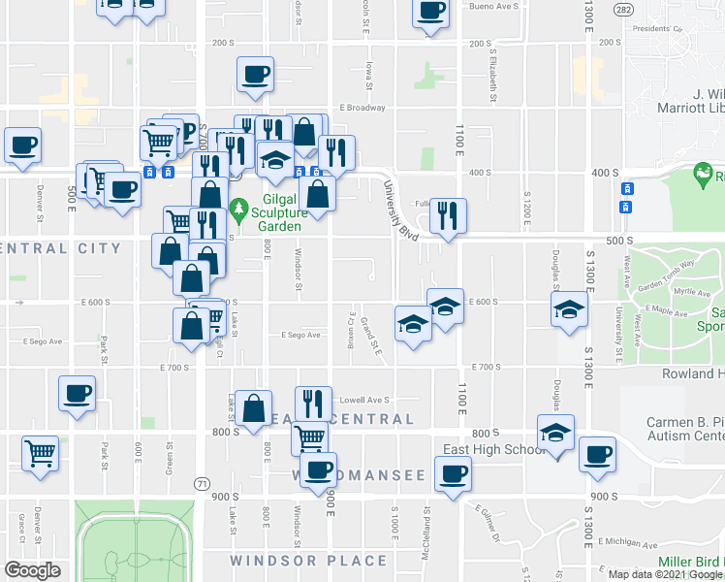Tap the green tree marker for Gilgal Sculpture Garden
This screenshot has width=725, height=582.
239,208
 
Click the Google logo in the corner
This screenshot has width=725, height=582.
33,569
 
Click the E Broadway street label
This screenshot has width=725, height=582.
362,108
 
